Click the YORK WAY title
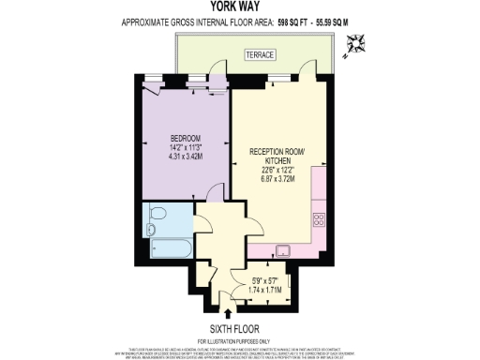point(240,6)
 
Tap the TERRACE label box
point(260,55)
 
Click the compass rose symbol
point(355,42)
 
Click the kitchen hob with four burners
point(317,221)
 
